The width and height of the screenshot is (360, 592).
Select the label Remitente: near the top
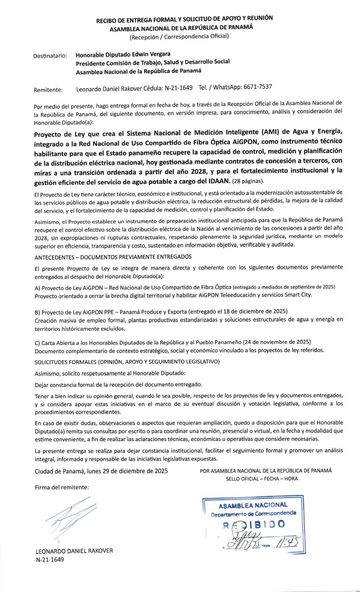point(48,89)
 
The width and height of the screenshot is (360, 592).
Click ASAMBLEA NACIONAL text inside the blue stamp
point(253,505)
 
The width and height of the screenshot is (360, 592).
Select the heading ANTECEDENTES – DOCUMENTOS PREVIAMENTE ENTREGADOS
point(113,256)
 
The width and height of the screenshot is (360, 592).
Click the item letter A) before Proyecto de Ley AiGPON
point(37,287)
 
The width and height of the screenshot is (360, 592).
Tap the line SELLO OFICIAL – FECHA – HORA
point(262,478)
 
